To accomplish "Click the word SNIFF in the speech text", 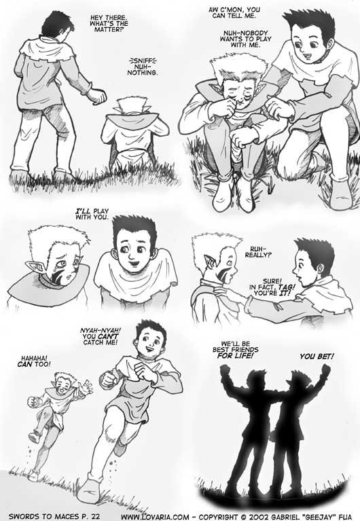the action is coord(143,61).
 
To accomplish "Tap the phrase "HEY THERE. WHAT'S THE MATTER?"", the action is coord(109,23).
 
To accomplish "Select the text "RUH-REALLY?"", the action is coord(258,252).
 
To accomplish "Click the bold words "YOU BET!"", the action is coord(317,357).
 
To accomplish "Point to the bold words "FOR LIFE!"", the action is coord(235,356).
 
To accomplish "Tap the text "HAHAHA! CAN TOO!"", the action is coord(34,361).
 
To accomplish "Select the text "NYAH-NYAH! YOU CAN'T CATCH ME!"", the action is coord(101,336).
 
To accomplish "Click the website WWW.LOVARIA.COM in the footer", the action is coord(156,517).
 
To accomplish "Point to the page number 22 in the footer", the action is coord(95,516).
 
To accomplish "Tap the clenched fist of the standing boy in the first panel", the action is coord(96,95).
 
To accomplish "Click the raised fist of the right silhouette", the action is coord(325,369).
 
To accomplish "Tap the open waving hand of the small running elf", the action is coord(86,387).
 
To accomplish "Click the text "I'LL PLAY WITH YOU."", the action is coord(92,214).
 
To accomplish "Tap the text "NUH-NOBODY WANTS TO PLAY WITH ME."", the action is coord(245,39).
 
